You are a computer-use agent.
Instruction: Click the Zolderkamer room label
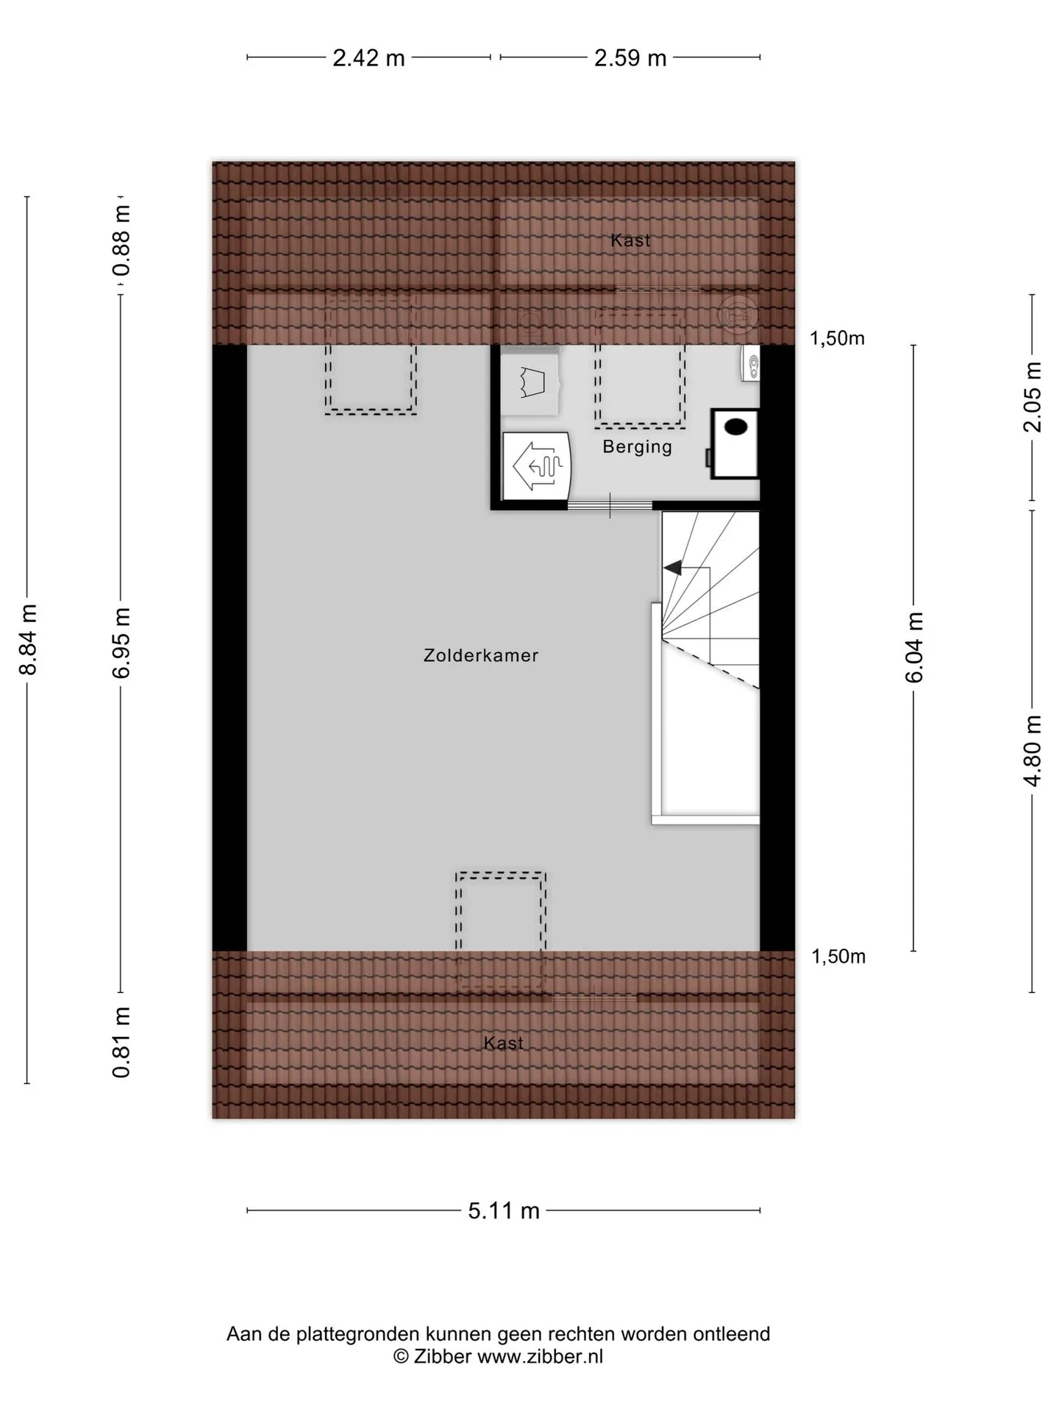[481, 655]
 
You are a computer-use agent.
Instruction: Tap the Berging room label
[638, 447]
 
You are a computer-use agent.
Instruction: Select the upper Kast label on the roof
[630, 240]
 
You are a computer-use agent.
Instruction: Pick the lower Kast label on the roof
[504, 1043]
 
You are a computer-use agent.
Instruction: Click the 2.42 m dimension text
[368, 57]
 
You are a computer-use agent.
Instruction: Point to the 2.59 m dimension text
[630, 57]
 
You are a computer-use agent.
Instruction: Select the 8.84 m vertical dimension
[28, 639]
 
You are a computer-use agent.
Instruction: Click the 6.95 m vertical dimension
[121, 643]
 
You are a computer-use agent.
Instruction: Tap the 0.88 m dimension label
[121, 240]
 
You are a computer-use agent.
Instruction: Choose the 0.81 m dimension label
[121, 1043]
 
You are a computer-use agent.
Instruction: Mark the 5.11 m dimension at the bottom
[504, 1210]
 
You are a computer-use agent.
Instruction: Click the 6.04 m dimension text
[913, 647]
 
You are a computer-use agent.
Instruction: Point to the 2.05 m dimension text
[1033, 397]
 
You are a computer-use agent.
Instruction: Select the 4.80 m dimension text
[1033, 750]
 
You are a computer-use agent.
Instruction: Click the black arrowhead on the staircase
[672, 568]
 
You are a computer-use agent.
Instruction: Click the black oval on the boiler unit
[736, 427]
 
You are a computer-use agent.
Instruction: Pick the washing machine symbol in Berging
[531, 381]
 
